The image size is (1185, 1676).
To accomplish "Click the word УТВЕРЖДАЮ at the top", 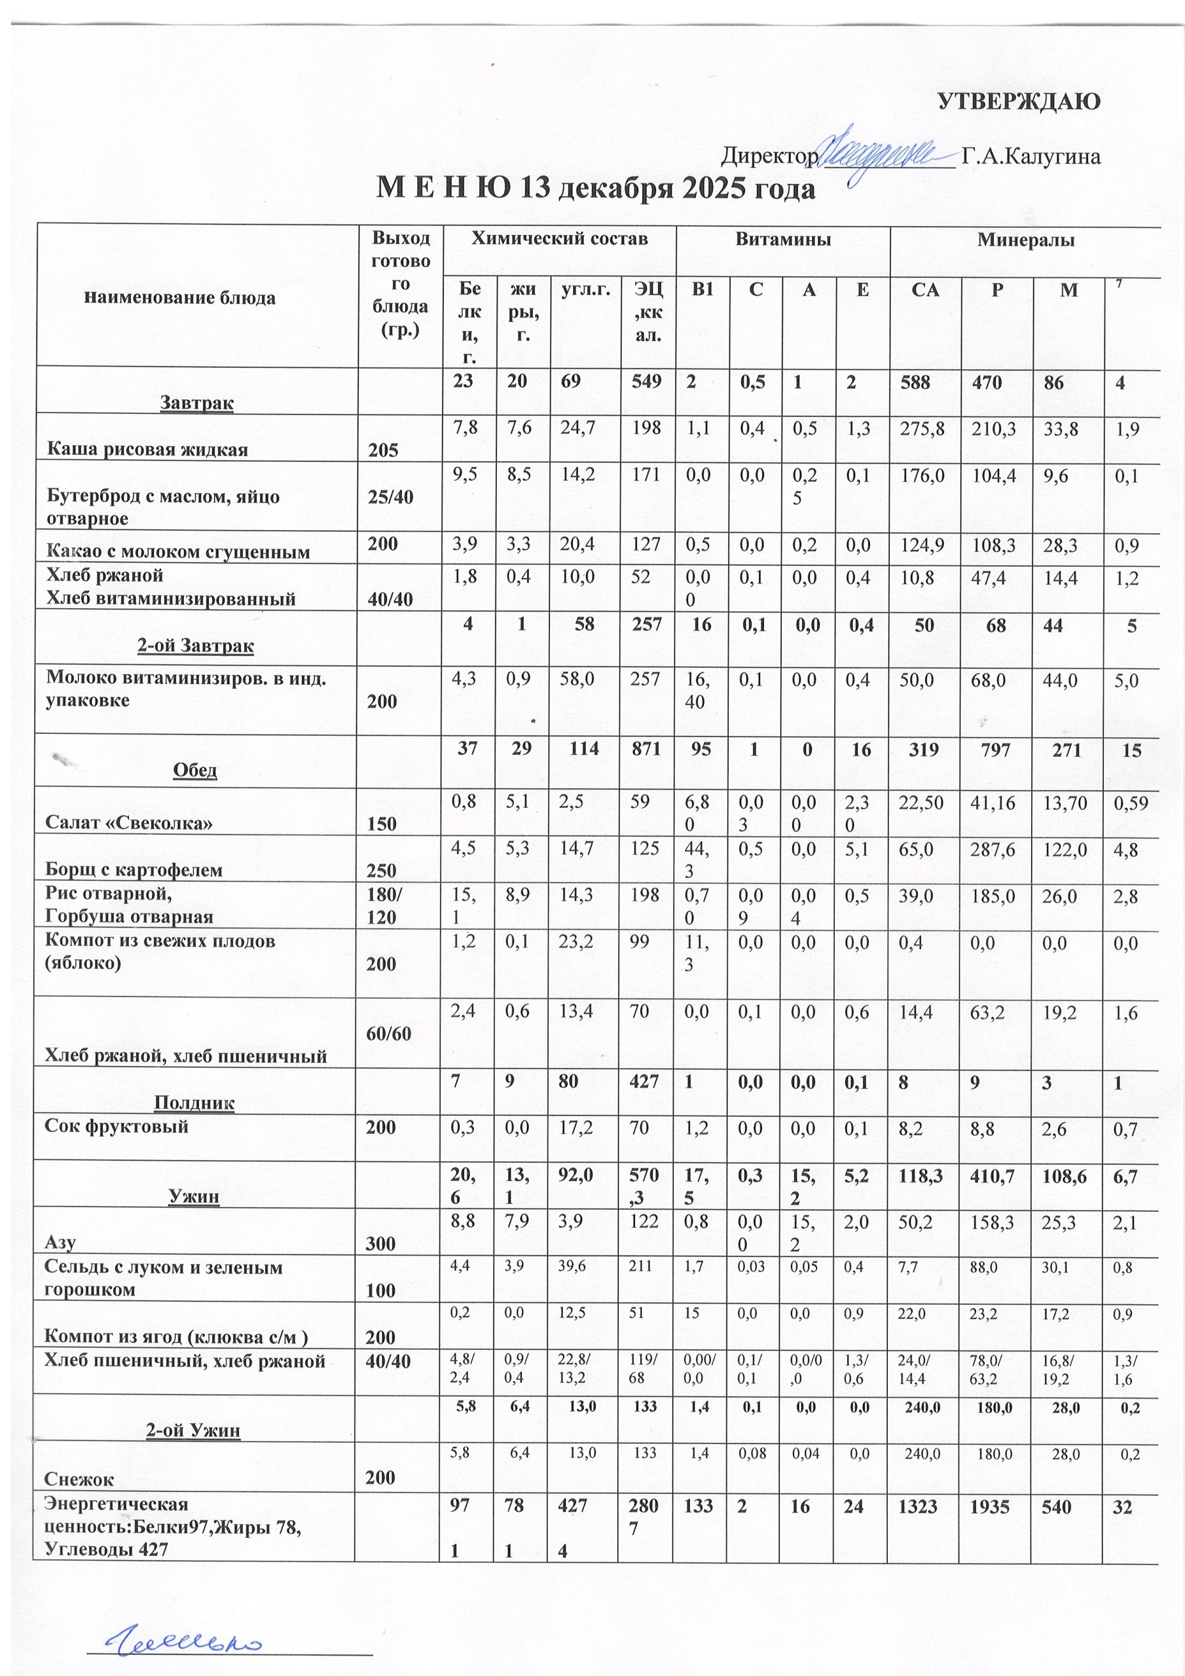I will pyautogui.click(x=1019, y=101).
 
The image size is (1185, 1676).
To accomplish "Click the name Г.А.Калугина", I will pyautogui.click(x=1031, y=156).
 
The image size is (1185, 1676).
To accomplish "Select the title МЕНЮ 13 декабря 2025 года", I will pyautogui.click(x=594, y=189).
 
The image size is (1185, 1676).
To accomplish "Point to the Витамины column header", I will pyautogui.click(x=783, y=240).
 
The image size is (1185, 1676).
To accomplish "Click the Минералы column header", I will pyautogui.click(x=1026, y=240).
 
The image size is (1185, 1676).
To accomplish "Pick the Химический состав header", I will pyautogui.click(x=559, y=240).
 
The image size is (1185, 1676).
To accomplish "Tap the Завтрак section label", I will pyautogui.click(x=196, y=402).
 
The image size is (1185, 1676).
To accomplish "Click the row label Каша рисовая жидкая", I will pyautogui.click(x=147, y=449).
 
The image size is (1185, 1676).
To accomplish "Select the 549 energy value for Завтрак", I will pyautogui.click(x=647, y=381).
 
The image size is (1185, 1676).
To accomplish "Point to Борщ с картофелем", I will pyautogui.click(x=134, y=869).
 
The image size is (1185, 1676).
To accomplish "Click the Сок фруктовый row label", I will pyautogui.click(x=117, y=1125).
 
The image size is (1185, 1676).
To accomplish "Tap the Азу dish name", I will pyautogui.click(x=62, y=1243).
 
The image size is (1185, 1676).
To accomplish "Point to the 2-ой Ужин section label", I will pyautogui.click(x=194, y=1430).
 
